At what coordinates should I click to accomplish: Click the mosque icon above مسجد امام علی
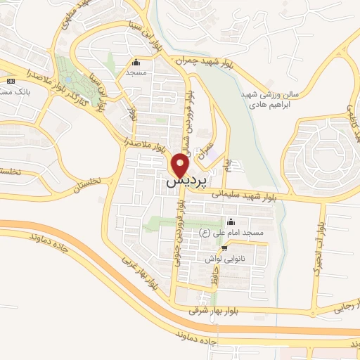tap(231, 223)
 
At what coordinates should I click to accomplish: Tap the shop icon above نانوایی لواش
tap(224, 248)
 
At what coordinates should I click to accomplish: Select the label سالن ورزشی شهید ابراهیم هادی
tap(270, 98)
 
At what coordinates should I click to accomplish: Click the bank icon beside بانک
tap(10, 82)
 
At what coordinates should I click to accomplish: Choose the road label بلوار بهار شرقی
tap(212, 309)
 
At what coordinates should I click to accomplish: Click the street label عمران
tap(206, 152)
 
